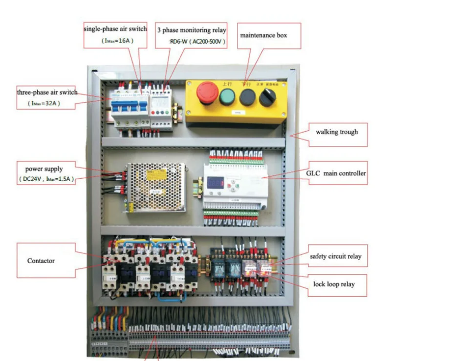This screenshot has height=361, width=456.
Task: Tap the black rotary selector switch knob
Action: point(267,97)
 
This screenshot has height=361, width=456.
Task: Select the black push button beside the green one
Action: point(247,97)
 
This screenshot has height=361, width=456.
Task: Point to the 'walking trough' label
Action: point(337,132)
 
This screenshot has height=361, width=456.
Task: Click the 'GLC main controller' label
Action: point(336,173)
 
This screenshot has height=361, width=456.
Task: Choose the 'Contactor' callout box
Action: point(41,261)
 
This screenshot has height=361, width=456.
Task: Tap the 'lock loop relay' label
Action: point(333,284)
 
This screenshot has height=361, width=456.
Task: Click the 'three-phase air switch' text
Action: point(47,92)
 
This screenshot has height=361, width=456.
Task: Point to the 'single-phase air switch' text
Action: point(115,29)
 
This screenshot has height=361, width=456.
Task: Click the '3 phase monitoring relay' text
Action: point(191,30)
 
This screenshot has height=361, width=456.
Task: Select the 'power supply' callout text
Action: point(44,169)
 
